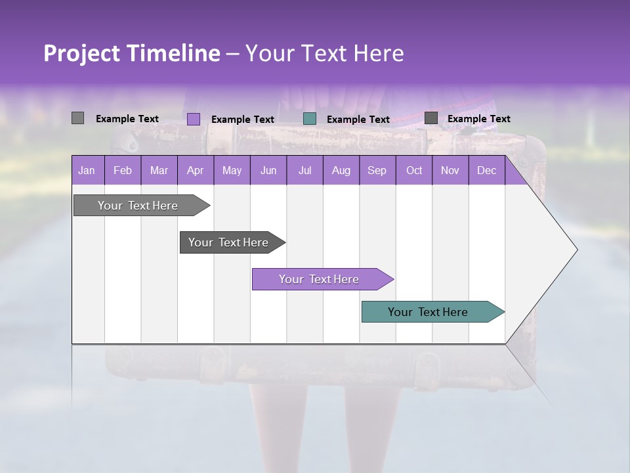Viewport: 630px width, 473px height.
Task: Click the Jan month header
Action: (87, 170)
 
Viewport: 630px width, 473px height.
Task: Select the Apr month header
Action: (195, 170)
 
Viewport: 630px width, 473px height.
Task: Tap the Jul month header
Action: (304, 170)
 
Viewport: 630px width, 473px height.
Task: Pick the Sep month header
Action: (377, 170)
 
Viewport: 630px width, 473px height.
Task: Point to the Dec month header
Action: (486, 170)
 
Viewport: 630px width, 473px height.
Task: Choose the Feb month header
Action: (123, 170)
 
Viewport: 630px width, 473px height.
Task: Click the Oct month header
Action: (414, 170)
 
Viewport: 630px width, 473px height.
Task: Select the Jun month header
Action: (268, 170)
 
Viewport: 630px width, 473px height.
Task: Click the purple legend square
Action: (194, 119)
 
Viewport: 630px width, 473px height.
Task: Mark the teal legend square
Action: (310, 119)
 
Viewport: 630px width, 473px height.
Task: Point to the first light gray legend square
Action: (77, 118)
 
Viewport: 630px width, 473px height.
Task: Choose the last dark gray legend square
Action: (431, 118)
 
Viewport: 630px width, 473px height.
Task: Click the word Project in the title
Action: (81, 53)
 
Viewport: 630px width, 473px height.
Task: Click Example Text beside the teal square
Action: (358, 120)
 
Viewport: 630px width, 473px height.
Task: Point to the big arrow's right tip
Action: (576, 250)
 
